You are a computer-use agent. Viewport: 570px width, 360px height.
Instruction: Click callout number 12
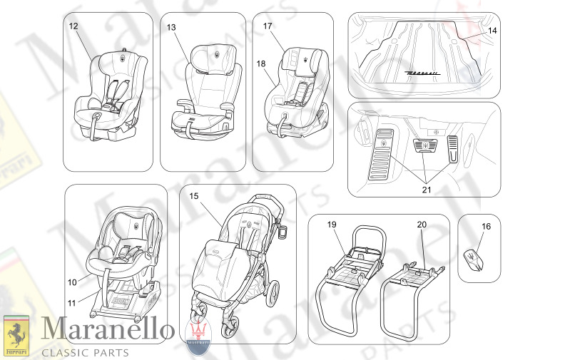73,26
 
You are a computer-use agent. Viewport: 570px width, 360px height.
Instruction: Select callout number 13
171,27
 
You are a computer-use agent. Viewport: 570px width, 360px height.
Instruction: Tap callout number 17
268,26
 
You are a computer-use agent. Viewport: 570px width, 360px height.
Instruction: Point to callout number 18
261,63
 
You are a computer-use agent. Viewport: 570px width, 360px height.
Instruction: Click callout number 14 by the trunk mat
493,31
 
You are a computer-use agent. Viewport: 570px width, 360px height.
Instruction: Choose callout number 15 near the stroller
193,195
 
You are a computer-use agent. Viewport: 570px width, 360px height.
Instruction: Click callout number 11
73,302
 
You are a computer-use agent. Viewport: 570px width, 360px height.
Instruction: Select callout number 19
332,225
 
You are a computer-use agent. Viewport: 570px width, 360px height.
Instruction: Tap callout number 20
421,225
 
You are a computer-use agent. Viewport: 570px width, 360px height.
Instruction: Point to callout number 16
486,227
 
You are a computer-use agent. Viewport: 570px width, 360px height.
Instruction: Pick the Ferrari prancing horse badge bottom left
15,335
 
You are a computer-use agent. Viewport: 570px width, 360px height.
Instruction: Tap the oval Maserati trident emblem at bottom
199,334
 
